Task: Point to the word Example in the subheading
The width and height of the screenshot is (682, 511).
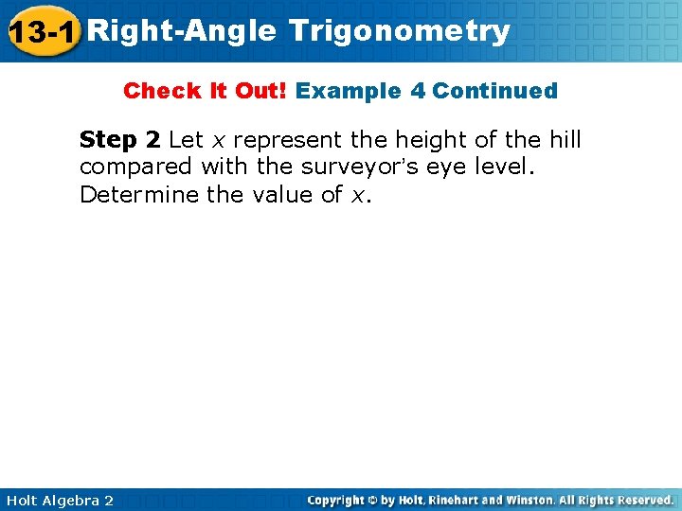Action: pyautogui.click(x=348, y=92)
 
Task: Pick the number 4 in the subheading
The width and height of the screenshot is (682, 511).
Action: pyautogui.click(x=418, y=92)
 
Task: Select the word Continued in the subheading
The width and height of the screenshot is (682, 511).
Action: pyautogui.click(x=495, y=92)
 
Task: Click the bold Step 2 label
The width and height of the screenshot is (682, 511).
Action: pyautogui.click(x=119, y=140)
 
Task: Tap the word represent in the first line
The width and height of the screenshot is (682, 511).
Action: pyautogui.click(x=288, y=140)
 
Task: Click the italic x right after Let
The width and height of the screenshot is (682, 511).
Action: pyautogui.click(x=218, y=141)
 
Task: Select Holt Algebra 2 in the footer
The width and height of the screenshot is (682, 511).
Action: pyautogui.click(x=58, y=500)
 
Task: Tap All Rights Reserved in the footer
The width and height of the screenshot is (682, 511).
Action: pyautogui.click(x=615, y=499)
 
